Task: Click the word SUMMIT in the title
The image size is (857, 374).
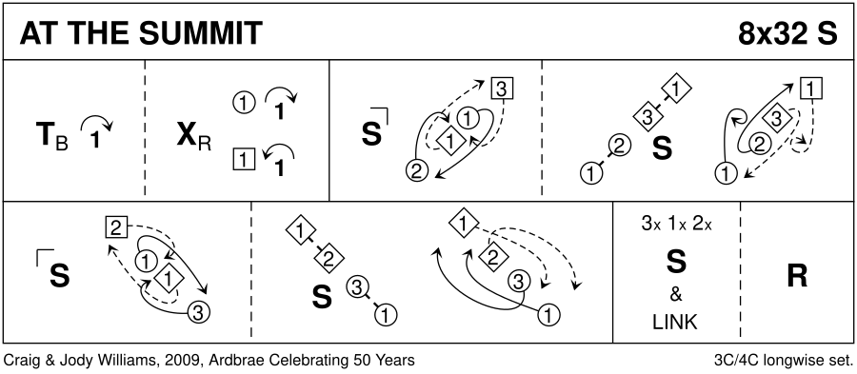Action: (x=202, y=33)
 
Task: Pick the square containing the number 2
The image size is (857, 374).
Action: (x=115, y=227)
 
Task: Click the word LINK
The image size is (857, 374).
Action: (x=675, y=322)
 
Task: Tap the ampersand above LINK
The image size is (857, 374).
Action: (x=676, y=295)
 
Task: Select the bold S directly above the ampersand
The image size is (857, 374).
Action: (x=676, y=263)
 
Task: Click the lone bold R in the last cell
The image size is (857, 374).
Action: (x=797, y=276)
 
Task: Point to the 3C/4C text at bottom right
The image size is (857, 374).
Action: (x=736, y=361)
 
